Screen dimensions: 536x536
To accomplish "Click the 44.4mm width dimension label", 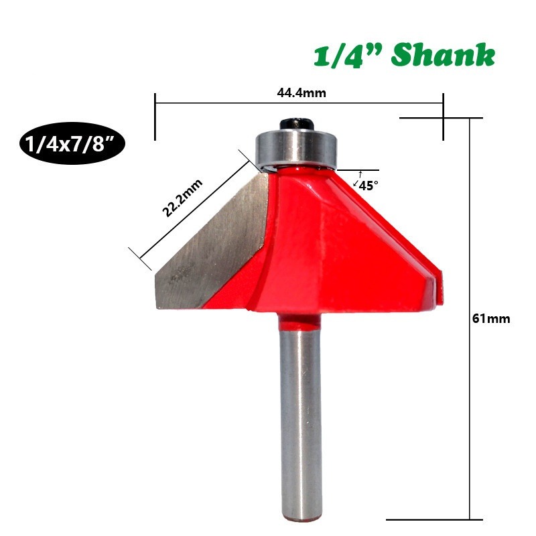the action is pos(301,92).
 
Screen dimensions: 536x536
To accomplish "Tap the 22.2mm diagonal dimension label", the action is pos(182,198).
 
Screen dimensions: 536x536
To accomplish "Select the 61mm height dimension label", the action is pos(491,319).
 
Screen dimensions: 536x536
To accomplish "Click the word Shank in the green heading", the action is pos(444,55).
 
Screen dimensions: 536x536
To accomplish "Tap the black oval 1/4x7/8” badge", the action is pos(72,143).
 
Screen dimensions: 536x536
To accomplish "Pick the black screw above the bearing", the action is pos(296,124).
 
